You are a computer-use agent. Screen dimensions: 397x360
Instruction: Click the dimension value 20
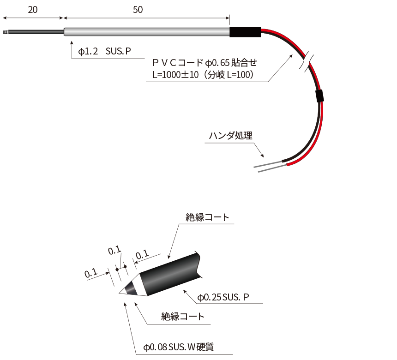coord(33,10)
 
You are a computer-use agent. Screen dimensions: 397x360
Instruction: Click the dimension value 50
coord(138,10)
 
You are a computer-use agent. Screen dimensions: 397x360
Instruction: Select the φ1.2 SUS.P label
coord(104,51)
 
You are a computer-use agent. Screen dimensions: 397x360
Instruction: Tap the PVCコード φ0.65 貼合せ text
coord(205,62)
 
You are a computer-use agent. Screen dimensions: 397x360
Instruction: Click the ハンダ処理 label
coord(231,135)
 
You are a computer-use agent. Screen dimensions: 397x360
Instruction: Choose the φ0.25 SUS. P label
coord(223,297)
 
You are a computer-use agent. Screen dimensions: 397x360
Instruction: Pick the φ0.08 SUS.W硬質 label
coord(179,347)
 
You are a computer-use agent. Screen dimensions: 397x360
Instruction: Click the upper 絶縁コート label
coord(207,217)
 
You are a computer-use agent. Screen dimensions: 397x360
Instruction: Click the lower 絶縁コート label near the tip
coord(182,317)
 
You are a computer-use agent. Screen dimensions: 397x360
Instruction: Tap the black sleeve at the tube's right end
coord(245,32)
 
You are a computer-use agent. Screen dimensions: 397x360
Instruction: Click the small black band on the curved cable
coord(319,96)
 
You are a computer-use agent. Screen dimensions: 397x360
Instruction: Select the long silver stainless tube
coord(147,32)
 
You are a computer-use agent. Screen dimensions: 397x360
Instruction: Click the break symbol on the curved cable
coord(307,61)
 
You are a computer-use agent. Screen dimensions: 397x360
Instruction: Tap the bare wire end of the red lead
coord(272,169)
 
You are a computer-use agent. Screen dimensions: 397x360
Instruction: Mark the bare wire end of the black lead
coord(268,164)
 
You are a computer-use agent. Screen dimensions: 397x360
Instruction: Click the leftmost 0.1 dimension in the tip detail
coord(91,273)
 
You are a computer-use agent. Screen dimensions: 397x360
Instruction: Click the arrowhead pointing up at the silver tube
coord(72,43)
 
